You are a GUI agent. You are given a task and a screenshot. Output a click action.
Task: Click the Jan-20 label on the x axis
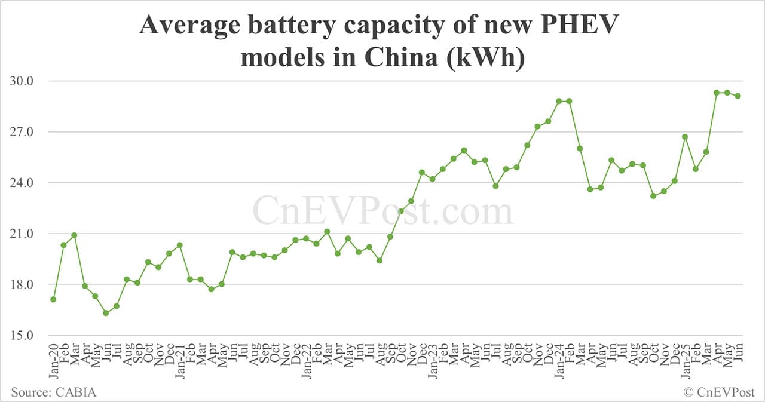coord(54,358)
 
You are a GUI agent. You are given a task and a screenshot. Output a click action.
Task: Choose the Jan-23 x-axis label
coord(432,358)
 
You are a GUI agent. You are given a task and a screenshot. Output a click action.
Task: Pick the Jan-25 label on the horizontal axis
coord(685,358)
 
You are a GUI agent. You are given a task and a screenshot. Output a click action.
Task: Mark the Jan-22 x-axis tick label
coord(306,358)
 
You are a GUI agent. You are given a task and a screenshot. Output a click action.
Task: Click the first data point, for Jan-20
coord(53,299)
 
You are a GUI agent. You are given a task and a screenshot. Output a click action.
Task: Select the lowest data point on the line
coord(106,313)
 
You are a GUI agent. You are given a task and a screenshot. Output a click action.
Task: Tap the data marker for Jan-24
coord(559,101)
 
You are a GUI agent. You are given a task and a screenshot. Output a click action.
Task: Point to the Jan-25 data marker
coord(685,137)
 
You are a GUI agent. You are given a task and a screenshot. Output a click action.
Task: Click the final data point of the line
coord(738,96)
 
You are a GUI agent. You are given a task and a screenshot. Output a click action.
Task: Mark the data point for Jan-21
coord(179,245)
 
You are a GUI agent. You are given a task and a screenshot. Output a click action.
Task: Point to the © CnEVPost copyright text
coord(719,392)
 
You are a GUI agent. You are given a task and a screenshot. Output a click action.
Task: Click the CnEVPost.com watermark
coord(382,211)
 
